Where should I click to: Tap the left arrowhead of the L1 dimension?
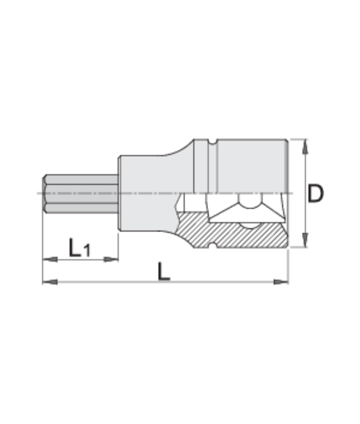coord(50,259)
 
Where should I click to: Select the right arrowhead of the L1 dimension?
coord(111,259)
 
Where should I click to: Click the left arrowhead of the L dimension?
coord(50,281)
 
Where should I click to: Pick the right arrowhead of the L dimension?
coord(281,281)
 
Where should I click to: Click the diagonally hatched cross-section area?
coord(240,236)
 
